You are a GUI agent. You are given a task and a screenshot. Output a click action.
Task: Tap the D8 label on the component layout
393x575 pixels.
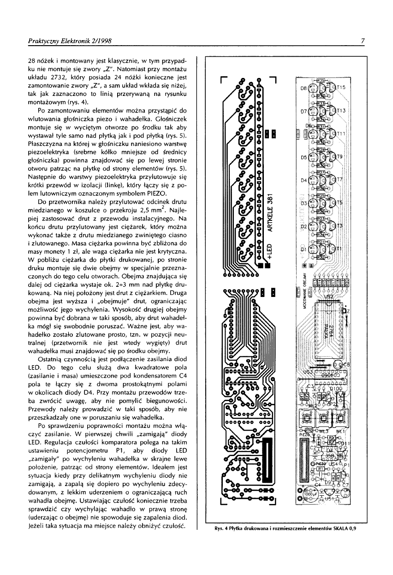[x=304, y=87]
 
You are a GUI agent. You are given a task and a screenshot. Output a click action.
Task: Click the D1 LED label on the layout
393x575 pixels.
[x=304, y=249]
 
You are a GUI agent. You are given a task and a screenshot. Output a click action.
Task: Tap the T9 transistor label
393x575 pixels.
[x=340, y=157]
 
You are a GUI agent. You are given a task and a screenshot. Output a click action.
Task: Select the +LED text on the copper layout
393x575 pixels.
[x=272, y=256]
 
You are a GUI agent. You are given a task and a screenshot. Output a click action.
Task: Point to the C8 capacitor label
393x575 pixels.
[x=347, y=365]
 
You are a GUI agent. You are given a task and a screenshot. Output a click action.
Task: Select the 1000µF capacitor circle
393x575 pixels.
[x=308, y=494]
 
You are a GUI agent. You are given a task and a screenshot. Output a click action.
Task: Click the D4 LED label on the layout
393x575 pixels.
[x=304, y=180]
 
